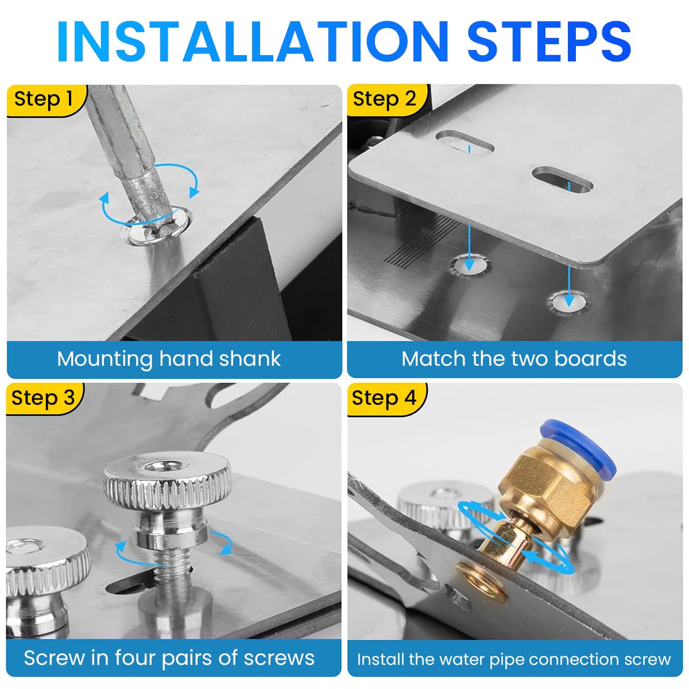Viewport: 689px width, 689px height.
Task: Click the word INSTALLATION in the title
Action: [x=253, y=41]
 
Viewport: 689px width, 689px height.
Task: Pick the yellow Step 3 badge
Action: [x=44, y=398]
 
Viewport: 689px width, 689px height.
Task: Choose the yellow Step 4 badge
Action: [x=384, y=398]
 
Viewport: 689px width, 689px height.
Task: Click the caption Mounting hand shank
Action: [x=169, y=359]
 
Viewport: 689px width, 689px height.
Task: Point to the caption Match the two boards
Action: [x=514, y=359]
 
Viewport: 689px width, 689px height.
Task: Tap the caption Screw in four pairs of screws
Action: [x=169, y=657]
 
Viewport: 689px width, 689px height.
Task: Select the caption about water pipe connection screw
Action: [x=514, y=659]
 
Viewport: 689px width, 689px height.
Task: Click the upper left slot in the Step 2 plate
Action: [x=465, y=143]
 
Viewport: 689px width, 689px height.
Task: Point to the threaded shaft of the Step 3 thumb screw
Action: [x=172, y=574]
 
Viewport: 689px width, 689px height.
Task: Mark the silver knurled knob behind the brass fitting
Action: [x=436, y=502]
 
